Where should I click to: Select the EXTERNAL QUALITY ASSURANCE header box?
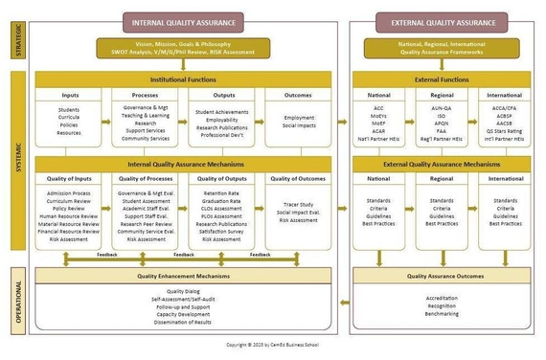pyautogui.click(x=437, y=21)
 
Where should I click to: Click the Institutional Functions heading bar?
pyautogui.click(x=184, y=79)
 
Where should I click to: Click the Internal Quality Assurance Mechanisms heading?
pyautogui.click(x=184, y=164)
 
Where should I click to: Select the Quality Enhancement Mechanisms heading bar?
pyautogui.click(x=184, y=276)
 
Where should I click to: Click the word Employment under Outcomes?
pyautogui.click(x=298, y=118)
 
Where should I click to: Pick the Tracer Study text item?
pyautogui.click(x=298, y=203)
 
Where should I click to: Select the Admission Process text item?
pyautogui.click(x=68, y=193)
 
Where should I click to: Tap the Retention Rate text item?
pyautogui.click(x=220, y=193)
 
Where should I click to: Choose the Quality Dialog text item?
pyautogui.click(x=184, y=291)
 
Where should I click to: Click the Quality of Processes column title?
pyautogui.click(x=146, y=178)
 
